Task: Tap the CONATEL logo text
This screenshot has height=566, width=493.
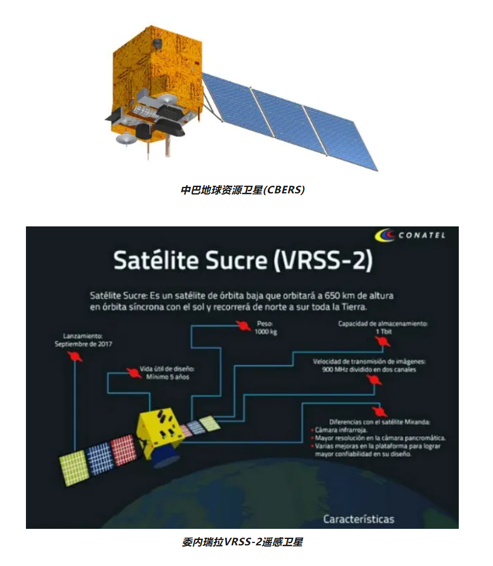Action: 422,235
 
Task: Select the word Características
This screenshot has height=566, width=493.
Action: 359,519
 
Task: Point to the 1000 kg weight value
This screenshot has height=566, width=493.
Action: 266,332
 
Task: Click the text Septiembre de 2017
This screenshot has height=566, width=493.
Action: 83,344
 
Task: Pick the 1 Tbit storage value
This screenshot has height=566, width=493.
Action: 383,331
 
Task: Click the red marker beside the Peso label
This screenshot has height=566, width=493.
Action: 244,326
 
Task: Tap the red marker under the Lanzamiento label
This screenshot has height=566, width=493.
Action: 75,356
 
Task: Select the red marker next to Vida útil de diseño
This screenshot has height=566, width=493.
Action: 134,373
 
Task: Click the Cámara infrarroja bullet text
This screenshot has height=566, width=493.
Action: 341,430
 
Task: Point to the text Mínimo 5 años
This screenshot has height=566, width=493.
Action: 167,377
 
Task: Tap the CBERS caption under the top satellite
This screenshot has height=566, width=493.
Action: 242,189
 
